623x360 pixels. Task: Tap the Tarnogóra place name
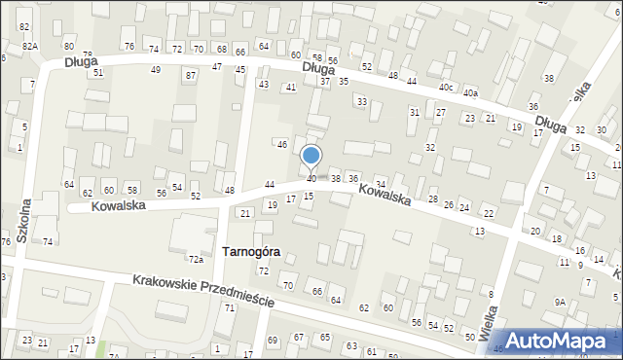coord(251,251)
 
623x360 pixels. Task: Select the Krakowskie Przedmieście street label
coord(204,290)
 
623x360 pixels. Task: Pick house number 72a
coord(196,259)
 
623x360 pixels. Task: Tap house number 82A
coord(30,47)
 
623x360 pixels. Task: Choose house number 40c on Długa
coord(447,87)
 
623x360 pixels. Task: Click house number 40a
coord(471,93)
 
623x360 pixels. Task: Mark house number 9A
coord(560,303)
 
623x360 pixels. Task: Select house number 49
coord(155,69)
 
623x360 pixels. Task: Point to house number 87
coord(190,75)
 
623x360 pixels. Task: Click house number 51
coord(97,73)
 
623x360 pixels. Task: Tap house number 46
coord(281,144)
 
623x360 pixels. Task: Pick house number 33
coord(361,101)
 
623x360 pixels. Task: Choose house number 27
coord(440,113)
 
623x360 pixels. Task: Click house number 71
coord(230,307)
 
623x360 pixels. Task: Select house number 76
coord(128,47)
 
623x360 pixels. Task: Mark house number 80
coord(68,47)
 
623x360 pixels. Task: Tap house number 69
coord(272,340)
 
